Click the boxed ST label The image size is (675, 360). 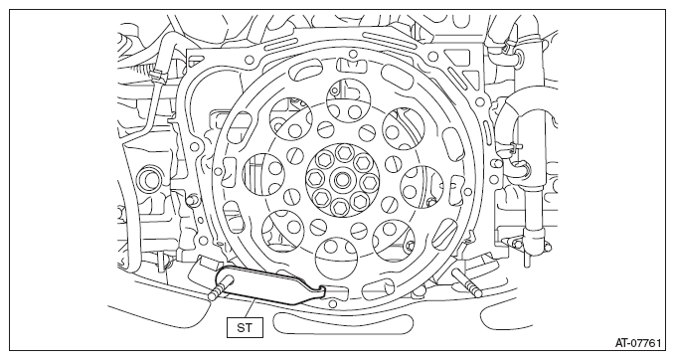pos(245,328)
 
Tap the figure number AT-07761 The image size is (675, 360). pos(637,343)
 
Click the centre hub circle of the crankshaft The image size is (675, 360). pos(343,179)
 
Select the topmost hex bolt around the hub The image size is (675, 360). pos(343,151)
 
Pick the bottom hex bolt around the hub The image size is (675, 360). pos(339,206)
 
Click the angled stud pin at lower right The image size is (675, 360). pos(466,283)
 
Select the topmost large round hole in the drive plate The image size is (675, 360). pos(349,99)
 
